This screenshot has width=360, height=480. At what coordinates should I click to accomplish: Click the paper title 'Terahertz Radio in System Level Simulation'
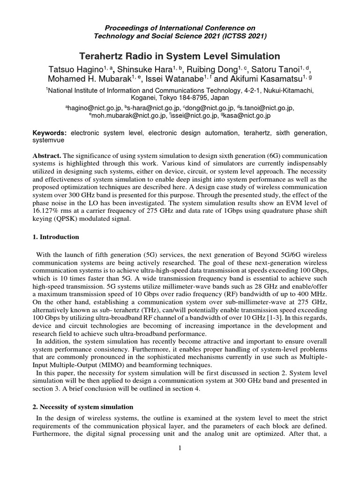180,56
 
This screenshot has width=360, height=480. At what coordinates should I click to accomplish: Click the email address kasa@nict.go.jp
247,115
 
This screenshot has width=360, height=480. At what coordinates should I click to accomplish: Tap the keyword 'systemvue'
49,140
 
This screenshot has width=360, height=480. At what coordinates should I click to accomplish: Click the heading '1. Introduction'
56,237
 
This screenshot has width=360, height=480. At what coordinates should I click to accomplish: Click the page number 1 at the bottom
180,448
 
